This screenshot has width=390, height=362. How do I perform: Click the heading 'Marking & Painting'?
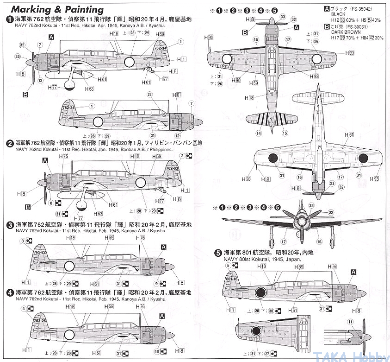point(57,9)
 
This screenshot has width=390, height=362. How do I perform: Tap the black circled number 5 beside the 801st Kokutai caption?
point(218,253)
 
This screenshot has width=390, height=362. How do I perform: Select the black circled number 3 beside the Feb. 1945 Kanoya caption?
point(10,224)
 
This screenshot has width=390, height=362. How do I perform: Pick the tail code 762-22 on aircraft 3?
point(40,253)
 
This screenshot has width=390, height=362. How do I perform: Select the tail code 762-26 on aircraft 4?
point(40,320)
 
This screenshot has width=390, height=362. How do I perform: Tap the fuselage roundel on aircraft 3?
point(69,266)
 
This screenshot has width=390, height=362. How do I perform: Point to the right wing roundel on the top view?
point(316,58)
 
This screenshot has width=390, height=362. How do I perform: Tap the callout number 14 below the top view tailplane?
point(259,133)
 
